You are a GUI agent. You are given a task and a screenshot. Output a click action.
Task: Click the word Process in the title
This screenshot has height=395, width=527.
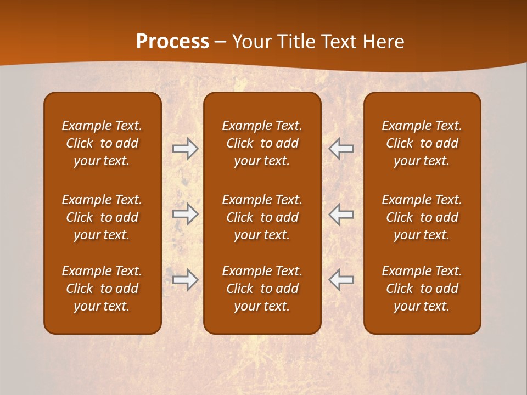[x=172, y=42]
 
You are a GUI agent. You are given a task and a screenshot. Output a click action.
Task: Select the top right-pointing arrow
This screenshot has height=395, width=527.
[x=186, y=149]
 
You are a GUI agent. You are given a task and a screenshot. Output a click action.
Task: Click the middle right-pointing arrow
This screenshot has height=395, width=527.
[x=186, y=214]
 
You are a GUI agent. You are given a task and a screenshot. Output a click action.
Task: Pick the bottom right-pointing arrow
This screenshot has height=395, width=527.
[x=186, y=280]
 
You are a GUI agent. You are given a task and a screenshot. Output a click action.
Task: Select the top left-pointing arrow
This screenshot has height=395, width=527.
[x=341, y=149]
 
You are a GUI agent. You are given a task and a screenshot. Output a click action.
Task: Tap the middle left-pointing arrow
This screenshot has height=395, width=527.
[x=341, y=214]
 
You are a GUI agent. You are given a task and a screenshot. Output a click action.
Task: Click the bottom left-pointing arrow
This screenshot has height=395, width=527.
[x=341, y=280]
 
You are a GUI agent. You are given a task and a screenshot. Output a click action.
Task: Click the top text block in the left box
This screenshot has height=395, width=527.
[x=102, y=143]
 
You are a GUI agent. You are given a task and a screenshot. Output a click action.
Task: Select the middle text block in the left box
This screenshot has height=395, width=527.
[x=102, y=217]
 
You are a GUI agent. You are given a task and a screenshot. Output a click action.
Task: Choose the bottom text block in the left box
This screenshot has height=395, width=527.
[x=102, y=289]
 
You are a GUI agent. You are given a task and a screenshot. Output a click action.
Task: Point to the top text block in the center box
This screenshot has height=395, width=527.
[x=262, y=143]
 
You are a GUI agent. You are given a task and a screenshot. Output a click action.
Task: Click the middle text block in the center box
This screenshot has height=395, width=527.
[x=262, y=217]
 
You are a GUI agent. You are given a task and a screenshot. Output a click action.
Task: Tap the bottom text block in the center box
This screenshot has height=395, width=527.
[x=262, y=289]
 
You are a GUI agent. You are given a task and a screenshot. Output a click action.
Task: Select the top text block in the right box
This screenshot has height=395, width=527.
[x=422, y=143]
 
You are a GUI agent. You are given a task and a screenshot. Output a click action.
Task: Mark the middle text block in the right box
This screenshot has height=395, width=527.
[x=422, y=217]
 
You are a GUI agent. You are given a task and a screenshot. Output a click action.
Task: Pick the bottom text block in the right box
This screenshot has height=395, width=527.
[x=422, y=289]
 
